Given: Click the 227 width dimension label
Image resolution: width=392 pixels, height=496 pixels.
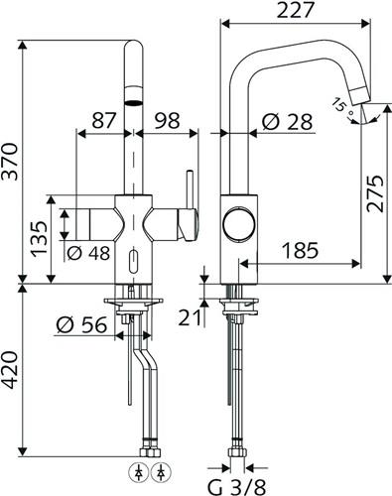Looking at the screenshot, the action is click(295, 10).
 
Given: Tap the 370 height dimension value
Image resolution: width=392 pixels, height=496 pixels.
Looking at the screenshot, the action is click(9, 162).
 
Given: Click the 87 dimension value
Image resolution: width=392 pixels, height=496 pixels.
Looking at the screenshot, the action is click(104, 120).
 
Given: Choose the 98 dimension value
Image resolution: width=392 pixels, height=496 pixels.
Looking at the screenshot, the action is click(167, 120).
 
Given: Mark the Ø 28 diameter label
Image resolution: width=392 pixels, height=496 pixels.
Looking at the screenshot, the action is click(287, 122).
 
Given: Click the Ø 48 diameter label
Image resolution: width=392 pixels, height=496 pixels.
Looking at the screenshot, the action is click(88, 254).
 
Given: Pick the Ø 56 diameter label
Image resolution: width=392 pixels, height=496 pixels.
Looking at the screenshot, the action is click(81, 324).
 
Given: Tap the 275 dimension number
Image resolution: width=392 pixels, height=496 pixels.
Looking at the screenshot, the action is click(375, 193).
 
